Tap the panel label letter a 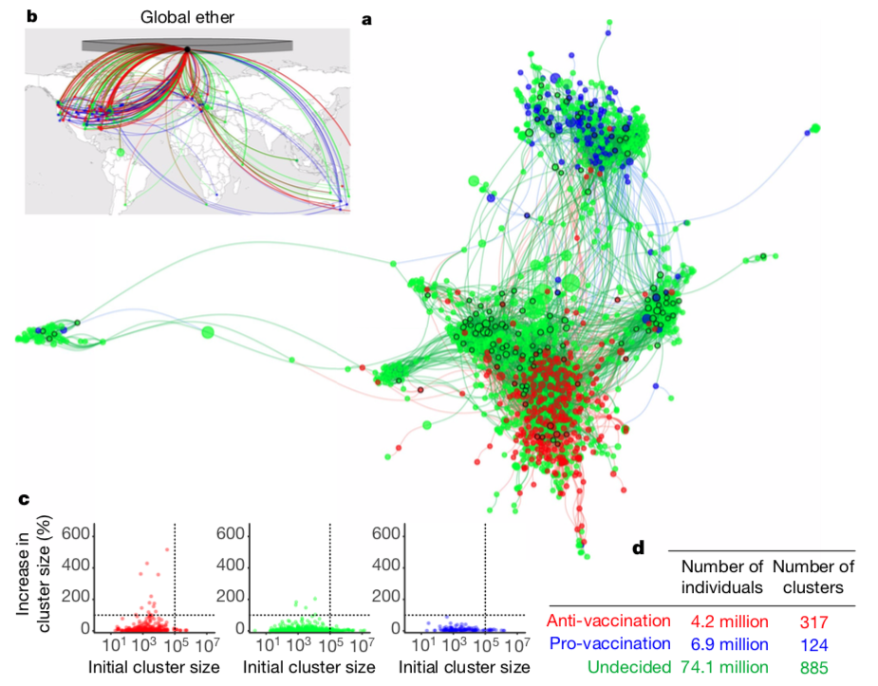tap(367, 18)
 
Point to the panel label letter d tap(639, 547)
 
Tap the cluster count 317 tap(814, 621)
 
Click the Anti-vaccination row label tap(609, 621)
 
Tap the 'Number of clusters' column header tap(813, 577)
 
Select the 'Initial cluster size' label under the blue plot tap(462, 667)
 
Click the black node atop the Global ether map tap(188, 48)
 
